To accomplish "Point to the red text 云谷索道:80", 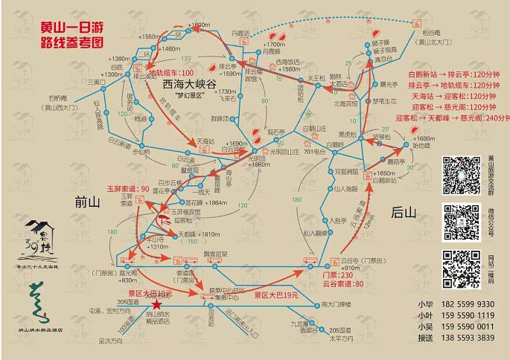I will click(x=342, y=284).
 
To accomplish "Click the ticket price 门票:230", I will click(x=337, y=274).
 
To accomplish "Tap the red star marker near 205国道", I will click(x=156, y=303).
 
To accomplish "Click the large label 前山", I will click(x=89, y=201).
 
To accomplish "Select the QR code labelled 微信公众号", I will click(x=459, y=221).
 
